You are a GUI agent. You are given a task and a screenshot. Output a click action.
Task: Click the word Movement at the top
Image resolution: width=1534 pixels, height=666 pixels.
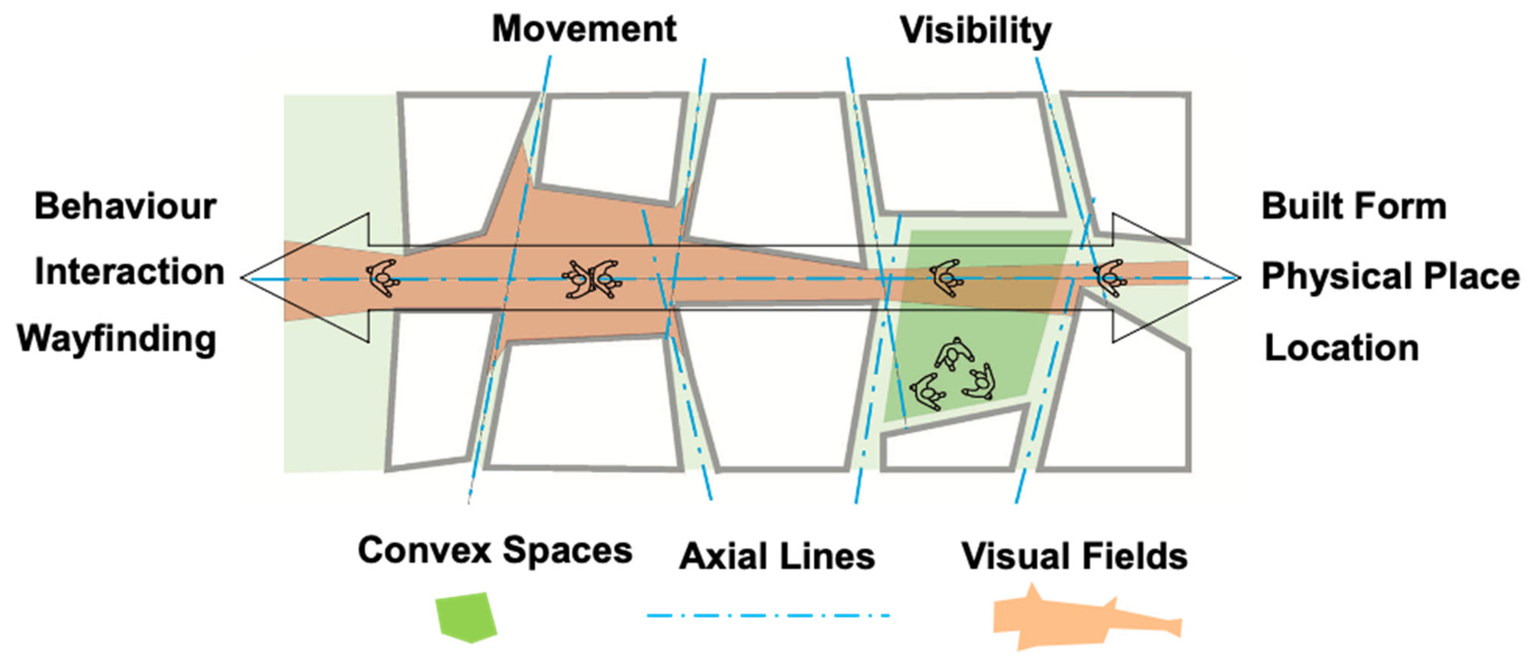(583, 29)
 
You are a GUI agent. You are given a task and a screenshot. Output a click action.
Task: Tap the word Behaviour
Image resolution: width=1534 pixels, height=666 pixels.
(125, 207)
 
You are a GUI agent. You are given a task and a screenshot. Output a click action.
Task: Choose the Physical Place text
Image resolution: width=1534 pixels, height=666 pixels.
(1390, 276)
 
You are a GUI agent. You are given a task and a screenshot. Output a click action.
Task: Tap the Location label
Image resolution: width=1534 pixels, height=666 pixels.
(1341, 347)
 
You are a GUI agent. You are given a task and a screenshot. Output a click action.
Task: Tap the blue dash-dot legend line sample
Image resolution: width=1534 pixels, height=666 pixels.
(768, 615)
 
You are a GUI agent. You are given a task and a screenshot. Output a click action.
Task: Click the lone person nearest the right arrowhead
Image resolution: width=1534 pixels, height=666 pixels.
(1109, 277)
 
